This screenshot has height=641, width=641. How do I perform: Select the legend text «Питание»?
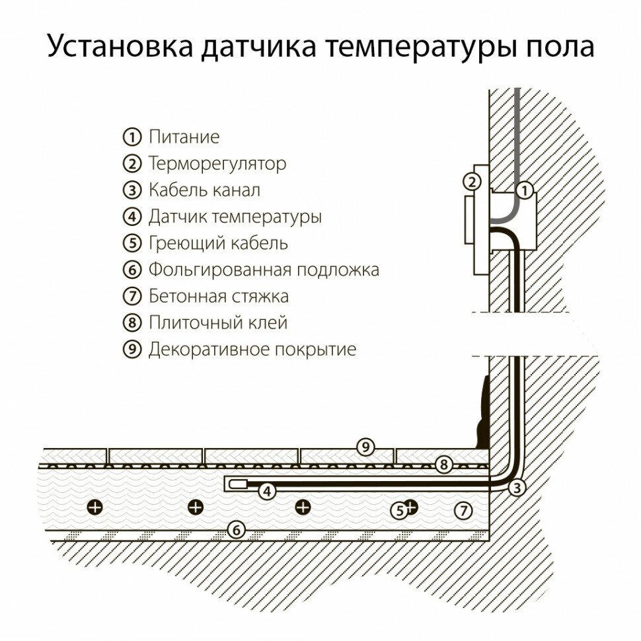pyautogui.click(x=184, y=137)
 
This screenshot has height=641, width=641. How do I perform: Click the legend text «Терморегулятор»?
pyautogui.click(x=217, y=164)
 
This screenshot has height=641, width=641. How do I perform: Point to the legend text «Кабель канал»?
pyautogui.click(x=204, y=190)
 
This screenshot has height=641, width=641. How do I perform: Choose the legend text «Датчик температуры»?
pyautogui.click(x=235, y=217)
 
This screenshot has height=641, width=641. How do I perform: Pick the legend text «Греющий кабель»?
pyautogui.click(x=218, y=243)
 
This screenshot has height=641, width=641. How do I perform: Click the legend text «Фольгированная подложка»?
pyautogui.click(x=264, y=270)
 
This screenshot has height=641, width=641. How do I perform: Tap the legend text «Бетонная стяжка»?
pyautogui.click(x=218, y=296)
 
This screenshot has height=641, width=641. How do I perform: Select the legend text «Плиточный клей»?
pyautogui.click(x=218, y=322)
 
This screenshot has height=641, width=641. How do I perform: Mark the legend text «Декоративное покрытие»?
pyautogui.click(x=252, y=349)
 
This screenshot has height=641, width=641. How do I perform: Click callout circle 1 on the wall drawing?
pyautogui.click(x=524, y=190)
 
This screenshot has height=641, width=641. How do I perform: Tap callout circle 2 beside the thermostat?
pyautogui.click(x=471, y=182)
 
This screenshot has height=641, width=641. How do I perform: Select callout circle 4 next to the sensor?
pyautogui.click(x=266, y=491)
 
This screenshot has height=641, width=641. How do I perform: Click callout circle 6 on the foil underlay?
pyautogui.click(x=235, y=529)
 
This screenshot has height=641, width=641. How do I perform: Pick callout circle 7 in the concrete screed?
pyautogui.click(x=464, y=509)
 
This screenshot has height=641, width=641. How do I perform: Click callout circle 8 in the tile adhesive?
pyautogui.click(x=444, y=465)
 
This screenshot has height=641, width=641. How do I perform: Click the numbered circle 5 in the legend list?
pyautogui.click(x=132, y=243)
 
